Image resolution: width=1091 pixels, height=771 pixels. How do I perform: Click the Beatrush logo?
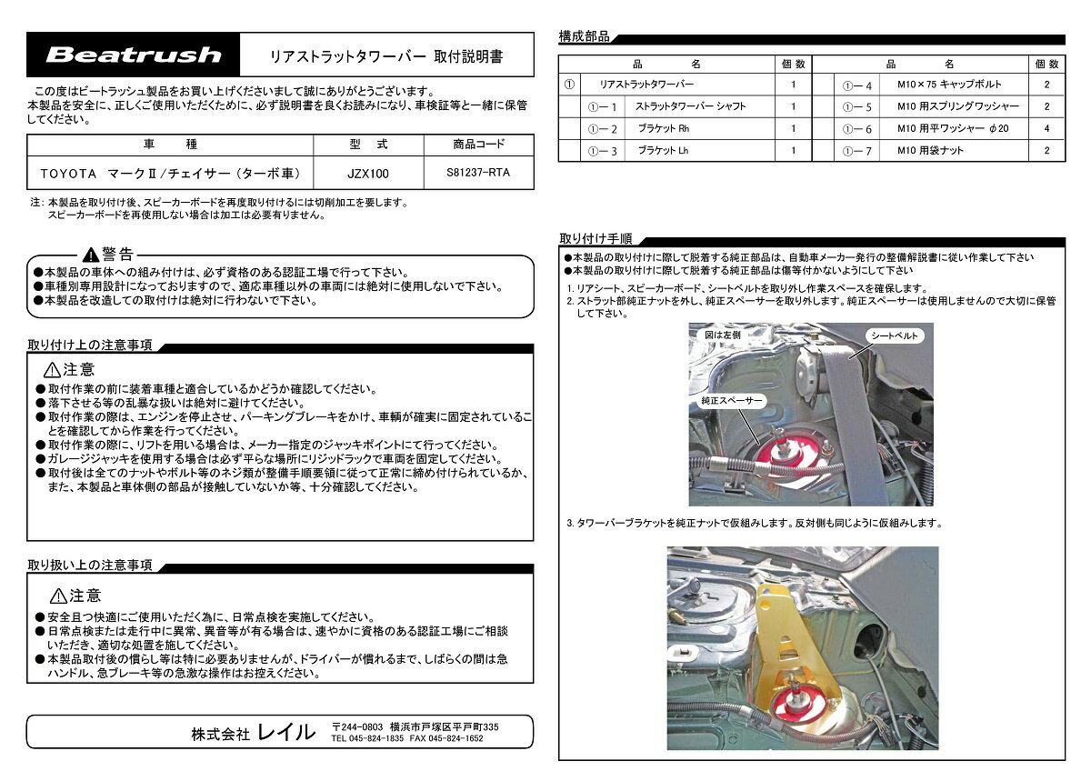tap(134, 55)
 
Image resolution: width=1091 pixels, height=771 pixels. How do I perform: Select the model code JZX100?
tap(367, 174)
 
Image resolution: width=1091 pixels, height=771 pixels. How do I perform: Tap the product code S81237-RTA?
tap(478, 173)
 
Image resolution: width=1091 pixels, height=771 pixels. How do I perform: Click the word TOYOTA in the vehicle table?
tap(68, 174)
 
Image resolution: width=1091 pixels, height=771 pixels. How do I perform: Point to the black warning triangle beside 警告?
tap(91, 255)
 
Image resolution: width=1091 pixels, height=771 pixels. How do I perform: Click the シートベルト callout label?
tap(895, 335)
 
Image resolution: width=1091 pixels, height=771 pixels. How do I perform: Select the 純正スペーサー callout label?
tap(731, 401)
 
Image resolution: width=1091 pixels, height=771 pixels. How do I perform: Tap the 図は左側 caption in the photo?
tap(722, 335)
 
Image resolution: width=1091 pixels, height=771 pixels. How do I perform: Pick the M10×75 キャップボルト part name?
tap(949, 85)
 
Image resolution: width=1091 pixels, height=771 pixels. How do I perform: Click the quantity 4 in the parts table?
tap(1046, 128)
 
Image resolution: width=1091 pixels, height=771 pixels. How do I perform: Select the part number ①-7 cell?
tap(856, 151)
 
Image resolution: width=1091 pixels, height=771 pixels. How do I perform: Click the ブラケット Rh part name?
tap(664, 128)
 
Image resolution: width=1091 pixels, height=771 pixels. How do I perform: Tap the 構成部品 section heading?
tap(584, 36)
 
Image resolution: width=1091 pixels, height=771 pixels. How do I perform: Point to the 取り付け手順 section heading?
tap(596, 238)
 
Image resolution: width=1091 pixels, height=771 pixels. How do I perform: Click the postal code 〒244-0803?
tap(357, 726)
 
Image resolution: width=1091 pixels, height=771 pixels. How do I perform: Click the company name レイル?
tap(285, 732)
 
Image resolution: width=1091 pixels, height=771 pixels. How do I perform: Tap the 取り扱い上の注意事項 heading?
tap(90, 565)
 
